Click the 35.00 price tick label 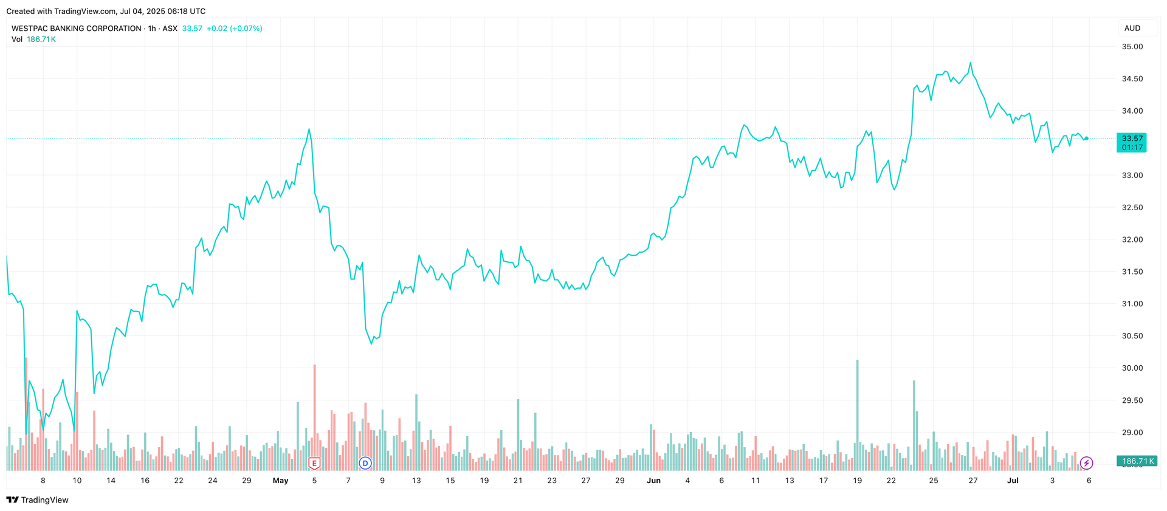(1132, 47)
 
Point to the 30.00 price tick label (1132, 368)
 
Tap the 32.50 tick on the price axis (1132, 208)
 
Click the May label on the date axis (280, 481)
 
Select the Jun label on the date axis (653, 481)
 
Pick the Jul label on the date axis (1013, 481)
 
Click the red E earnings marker (314, 464)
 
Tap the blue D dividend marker (365, 464)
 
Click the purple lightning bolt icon (1086, 464)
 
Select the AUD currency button (1132, 29)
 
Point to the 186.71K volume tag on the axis (1137, 462)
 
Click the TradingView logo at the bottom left (38, 500)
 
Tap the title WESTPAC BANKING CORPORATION (77, 29)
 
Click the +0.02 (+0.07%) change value (234, 29)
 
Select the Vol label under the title (17, 39)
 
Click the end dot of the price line (1086, 139)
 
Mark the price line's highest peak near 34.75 (970, 63)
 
